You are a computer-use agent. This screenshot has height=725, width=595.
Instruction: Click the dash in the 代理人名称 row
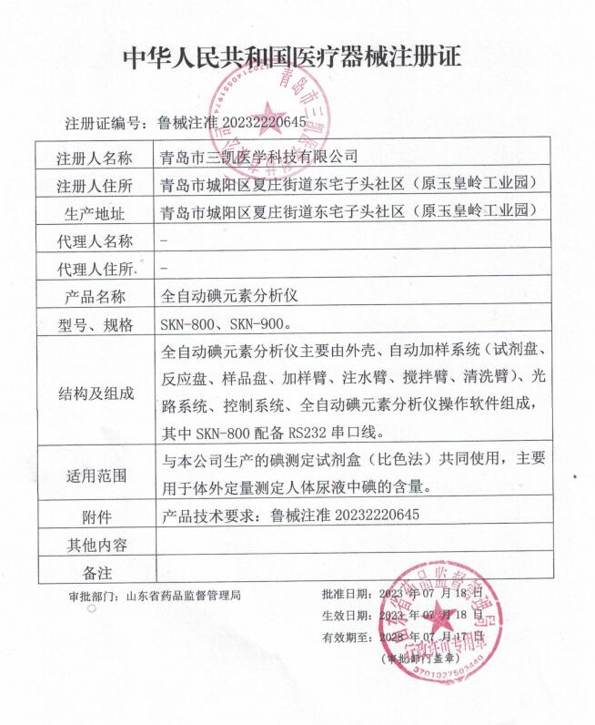pos(162,241)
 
